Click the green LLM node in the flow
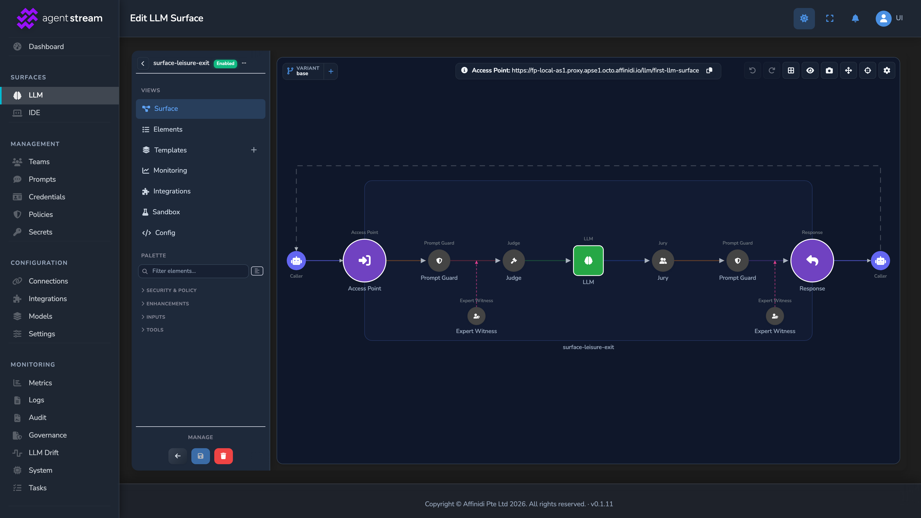[588, 260]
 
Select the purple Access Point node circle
[364, 260]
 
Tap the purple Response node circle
[812, 260]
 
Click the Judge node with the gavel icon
[514, 261]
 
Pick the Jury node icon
[663, 261]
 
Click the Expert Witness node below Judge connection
[476, 316]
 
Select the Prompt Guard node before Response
[737, 261]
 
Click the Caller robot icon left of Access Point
[296, 261]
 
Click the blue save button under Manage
[200, 456]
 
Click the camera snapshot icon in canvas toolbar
[829, 70]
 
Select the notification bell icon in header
[855, 18]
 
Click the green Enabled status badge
[225, 63]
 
